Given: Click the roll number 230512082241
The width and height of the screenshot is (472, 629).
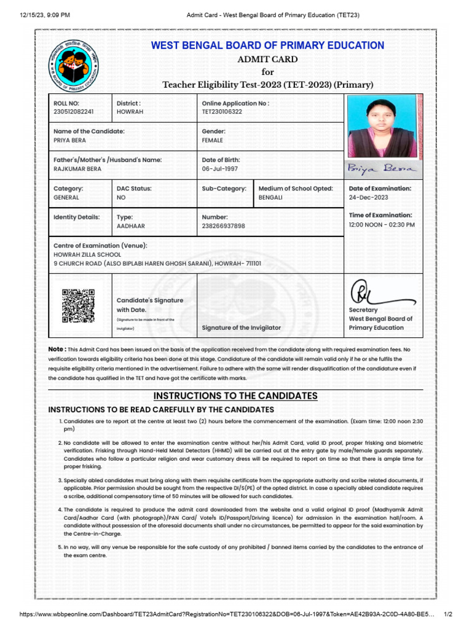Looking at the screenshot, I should coord(74,112).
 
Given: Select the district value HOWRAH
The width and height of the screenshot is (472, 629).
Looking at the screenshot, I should coord(130,112).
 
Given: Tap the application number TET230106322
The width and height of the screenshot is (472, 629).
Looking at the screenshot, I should coord(222,112).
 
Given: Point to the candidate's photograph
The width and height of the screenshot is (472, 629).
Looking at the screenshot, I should coord(381,125).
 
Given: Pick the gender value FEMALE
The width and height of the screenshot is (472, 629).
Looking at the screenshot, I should coord(213,141).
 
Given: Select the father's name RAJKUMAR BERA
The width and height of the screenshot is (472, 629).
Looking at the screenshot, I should coord(77,169).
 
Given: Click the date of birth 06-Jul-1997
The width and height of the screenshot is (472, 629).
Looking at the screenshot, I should coord(219,169).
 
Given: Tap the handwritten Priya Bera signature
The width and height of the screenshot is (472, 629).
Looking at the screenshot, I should coord(382,168).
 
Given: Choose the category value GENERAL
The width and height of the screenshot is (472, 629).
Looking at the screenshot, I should coord(66,198).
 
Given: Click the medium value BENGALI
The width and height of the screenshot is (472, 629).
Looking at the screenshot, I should coord(271,198).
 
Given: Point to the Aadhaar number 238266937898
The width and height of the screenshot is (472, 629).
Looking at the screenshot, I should coord(223,226).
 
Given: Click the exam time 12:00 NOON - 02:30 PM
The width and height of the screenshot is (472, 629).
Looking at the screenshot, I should coord(382,225).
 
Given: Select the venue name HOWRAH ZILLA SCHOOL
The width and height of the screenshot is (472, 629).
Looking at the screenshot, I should coord(87,254).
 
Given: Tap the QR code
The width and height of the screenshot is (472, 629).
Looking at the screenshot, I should coord(78,305).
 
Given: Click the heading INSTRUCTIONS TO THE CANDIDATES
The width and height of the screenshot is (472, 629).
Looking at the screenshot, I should coord(235,396).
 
